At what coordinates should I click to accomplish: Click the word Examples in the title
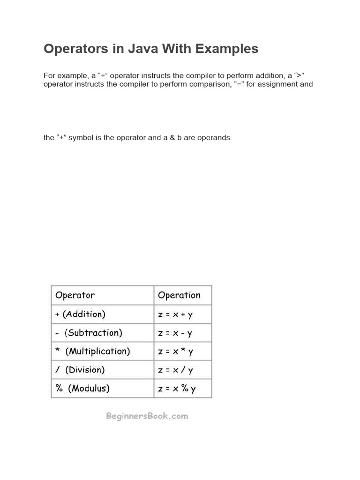pos(225,49)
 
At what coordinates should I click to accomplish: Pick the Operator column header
pos(75,295)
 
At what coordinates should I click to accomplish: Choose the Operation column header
pos(179,295)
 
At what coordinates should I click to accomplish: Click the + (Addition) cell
pos(80,314)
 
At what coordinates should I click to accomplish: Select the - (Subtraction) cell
pos(89,333)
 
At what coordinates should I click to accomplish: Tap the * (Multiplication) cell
pos(93,351)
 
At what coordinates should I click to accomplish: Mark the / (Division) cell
pos(80,370)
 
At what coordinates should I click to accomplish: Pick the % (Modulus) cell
pos(82,389)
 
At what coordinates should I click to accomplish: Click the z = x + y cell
pos(175,315)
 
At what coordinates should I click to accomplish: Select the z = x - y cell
pos(175,333)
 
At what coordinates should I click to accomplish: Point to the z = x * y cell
pos(175,352)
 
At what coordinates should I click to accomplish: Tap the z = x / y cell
pos(175,370)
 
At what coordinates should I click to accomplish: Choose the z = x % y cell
pos(177,389)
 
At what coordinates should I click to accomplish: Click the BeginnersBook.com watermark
pos(147,416)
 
